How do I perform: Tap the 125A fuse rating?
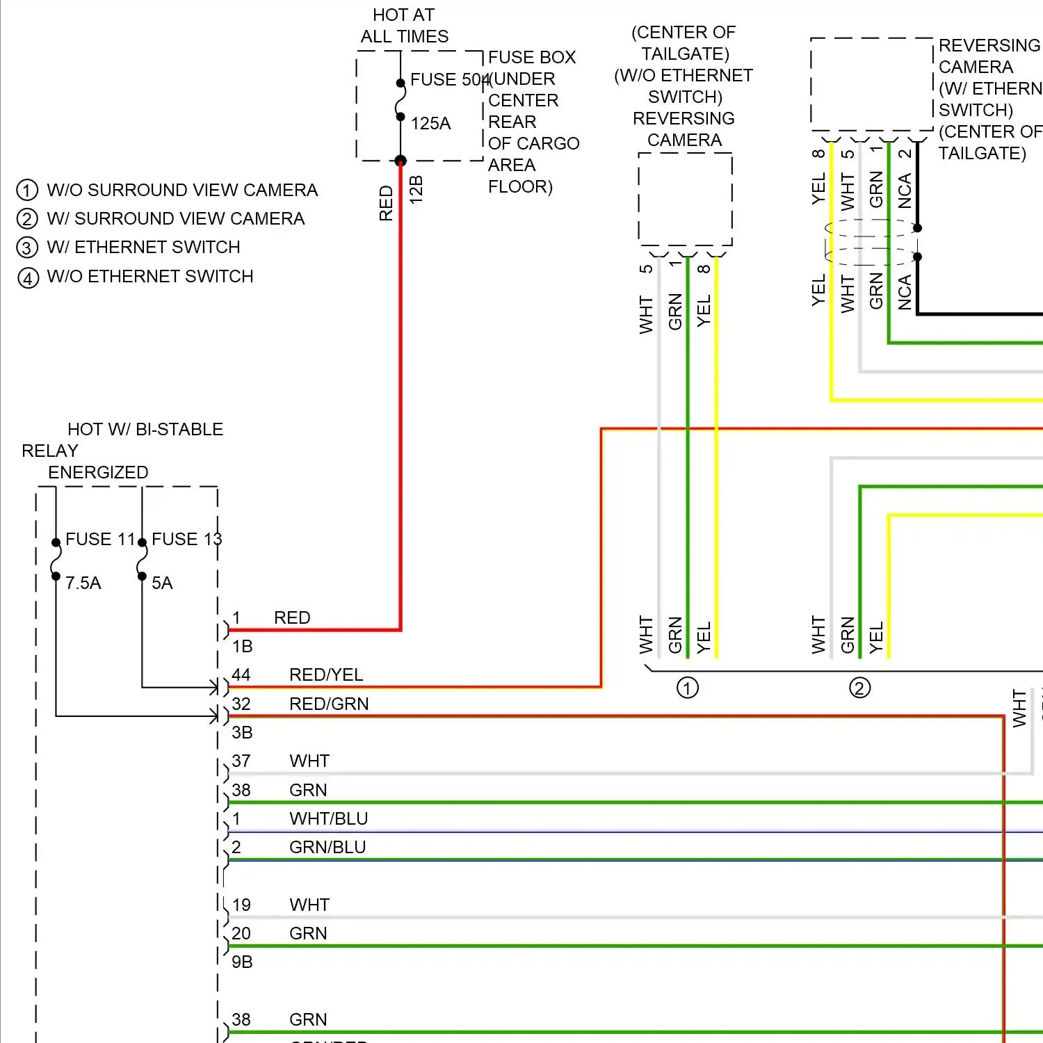point(430,124)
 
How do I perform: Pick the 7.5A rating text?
point(83,583)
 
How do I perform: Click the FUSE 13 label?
point(186,540)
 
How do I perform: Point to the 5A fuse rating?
point(162,583)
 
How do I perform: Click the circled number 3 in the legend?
point(27,248)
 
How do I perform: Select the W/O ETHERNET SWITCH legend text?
point(149,277)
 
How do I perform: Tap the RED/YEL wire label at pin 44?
point(326,675)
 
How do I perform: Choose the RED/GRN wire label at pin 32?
point(329,704)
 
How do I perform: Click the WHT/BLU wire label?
point(328,819)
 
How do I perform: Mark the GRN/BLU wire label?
point(328,848)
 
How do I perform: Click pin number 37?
point(241,761)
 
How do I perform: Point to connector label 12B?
point(416,190)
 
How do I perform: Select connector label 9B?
point(242,962)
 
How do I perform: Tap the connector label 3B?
point(242,733)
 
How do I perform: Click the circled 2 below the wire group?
point(859,688)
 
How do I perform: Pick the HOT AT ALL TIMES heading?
point(404,26)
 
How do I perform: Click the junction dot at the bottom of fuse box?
point(401,161)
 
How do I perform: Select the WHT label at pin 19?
point(309,905)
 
